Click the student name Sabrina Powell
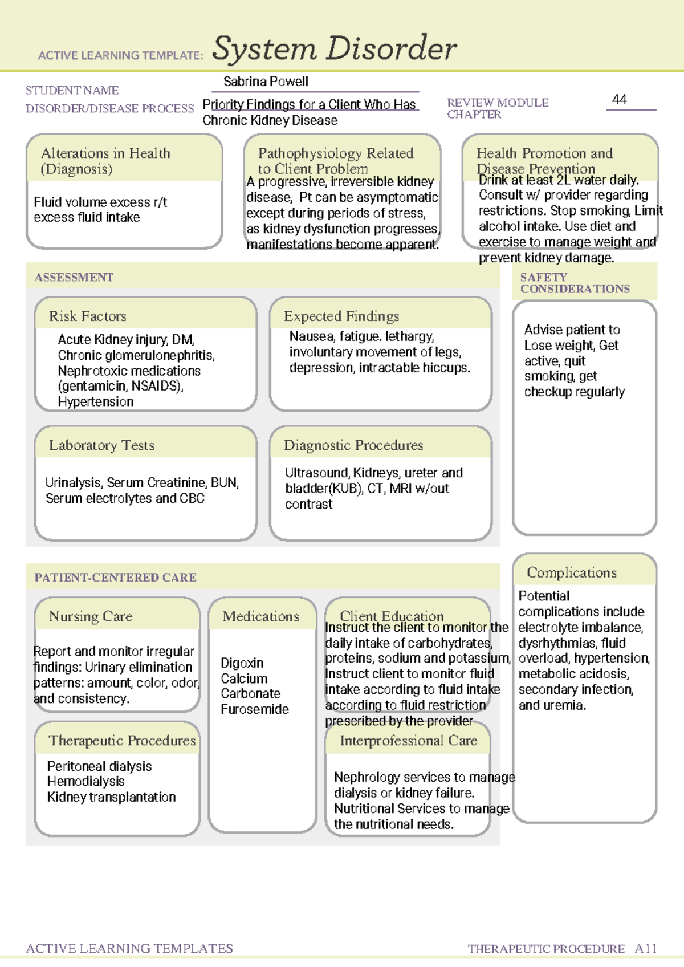pyautogui.click(x=266, y=82)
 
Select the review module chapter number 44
pyautogui.click(x=619, y=100)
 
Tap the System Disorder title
pyautogui.click(x=334, y=49)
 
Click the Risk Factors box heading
pyautogui.click(x=87, y=316)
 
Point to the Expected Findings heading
pyautogui.click(x=341, y=316)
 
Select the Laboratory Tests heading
pyautogui.click(x=101, y=445)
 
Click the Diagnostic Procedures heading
pyautogui.click(x=353, y=445)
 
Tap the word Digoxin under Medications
pyautogui.click(x=242, y=663)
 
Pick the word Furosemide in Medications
pyautogui.click(x=255, y=709)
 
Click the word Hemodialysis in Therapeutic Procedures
pyautogui.click(x=85, y=781)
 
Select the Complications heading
pyautogui.click(x=571, y=572)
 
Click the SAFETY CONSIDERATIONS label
pyautogui.click(x=575, y=283)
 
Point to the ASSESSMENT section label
pyautogui.click(x=74, y=277)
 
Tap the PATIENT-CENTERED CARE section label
pyautogui.click(x=115, y=577)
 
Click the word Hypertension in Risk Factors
pyautogui.click(x=96, y=401)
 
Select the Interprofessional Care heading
pyautogui.click(x=408, y=740)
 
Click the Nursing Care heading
pyautogui.click(x=91, y=616)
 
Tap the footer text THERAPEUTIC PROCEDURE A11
pyautogui.click(x=562, y=949)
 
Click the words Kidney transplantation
pyautogui.click(x=111, y=797)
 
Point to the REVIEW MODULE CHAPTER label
pyautogui.click(x=498, y=108)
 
